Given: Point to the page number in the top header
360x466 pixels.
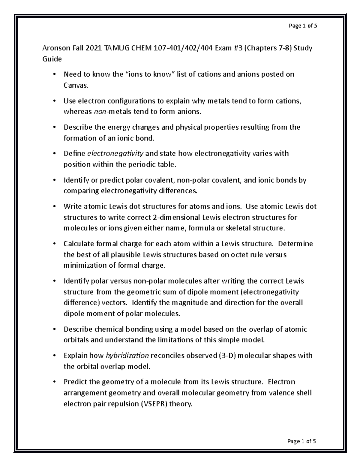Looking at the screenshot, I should click(x=302, y=26).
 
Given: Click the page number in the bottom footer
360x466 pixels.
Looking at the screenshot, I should click(x=301, y=441).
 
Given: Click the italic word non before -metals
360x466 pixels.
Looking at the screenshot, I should click(x=100, y=112).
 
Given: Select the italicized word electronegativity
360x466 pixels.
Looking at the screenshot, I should click(x=115, y=154).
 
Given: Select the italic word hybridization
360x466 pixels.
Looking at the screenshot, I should click(x=127, y=356).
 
